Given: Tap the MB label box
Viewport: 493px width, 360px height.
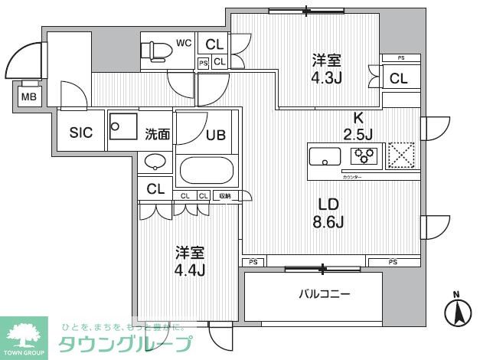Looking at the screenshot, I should pos(28,97).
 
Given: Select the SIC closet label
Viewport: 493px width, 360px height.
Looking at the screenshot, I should pos(81,133).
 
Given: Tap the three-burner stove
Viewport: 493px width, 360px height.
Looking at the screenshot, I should pos(364,156).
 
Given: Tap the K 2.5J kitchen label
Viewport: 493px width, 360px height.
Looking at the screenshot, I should pos(357,126).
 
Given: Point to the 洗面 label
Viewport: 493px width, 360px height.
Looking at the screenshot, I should pos(158,133).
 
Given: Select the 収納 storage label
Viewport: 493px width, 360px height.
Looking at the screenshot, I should pos(225,196).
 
